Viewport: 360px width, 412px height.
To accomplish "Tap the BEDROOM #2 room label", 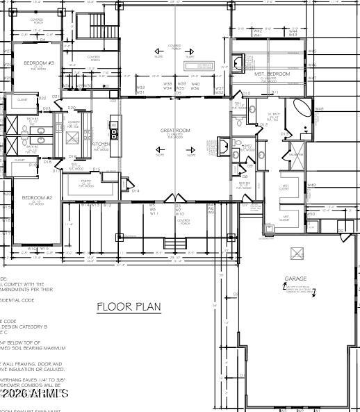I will click(x=37, y=198).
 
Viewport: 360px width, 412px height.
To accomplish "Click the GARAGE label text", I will click(x=295, y=279).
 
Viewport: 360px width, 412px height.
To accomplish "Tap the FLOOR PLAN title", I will click(x=129, y=306).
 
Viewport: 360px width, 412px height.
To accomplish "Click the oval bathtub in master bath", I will click(x=303, y=109).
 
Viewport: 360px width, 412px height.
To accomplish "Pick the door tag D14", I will click(x=136, y=190).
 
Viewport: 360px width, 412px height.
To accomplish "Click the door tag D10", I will click(x=246, y=92).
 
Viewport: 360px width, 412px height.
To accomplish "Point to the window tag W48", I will click(x=319, y=109).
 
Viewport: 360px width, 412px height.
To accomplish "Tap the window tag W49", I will click(x=312, y=186).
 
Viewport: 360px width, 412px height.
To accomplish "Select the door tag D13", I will click(x=284, y=133).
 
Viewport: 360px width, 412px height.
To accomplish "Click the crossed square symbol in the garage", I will click(x=297, y=253).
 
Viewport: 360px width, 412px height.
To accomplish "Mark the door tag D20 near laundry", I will click(x=72, y=108).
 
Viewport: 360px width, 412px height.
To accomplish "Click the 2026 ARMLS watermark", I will click(x=34, y=394).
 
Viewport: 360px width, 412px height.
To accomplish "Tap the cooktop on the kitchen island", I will click(x=115, y=133).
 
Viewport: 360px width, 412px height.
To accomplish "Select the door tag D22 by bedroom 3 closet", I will click(x=43, y=98).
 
